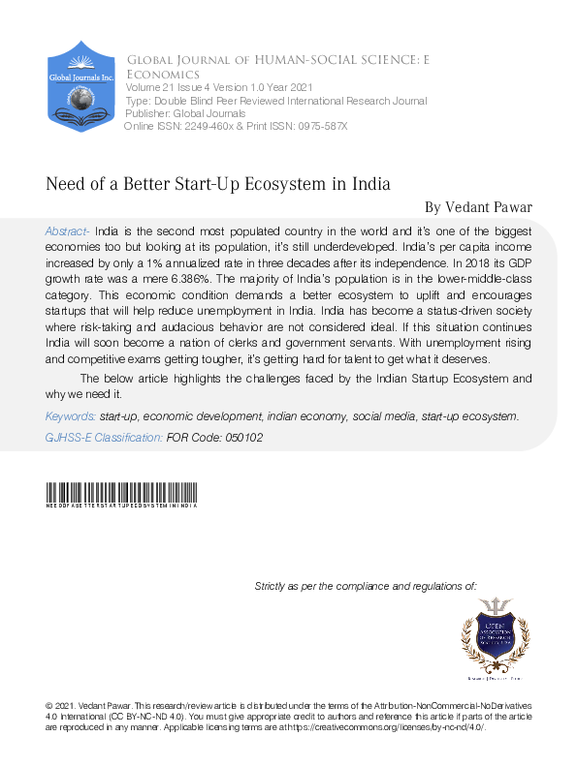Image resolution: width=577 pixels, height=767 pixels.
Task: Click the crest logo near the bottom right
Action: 495,636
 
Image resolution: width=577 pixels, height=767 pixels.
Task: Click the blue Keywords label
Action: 70,415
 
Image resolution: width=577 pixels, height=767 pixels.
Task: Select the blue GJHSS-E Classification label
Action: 104,438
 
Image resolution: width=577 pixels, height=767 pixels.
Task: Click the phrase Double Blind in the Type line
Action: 188,101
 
